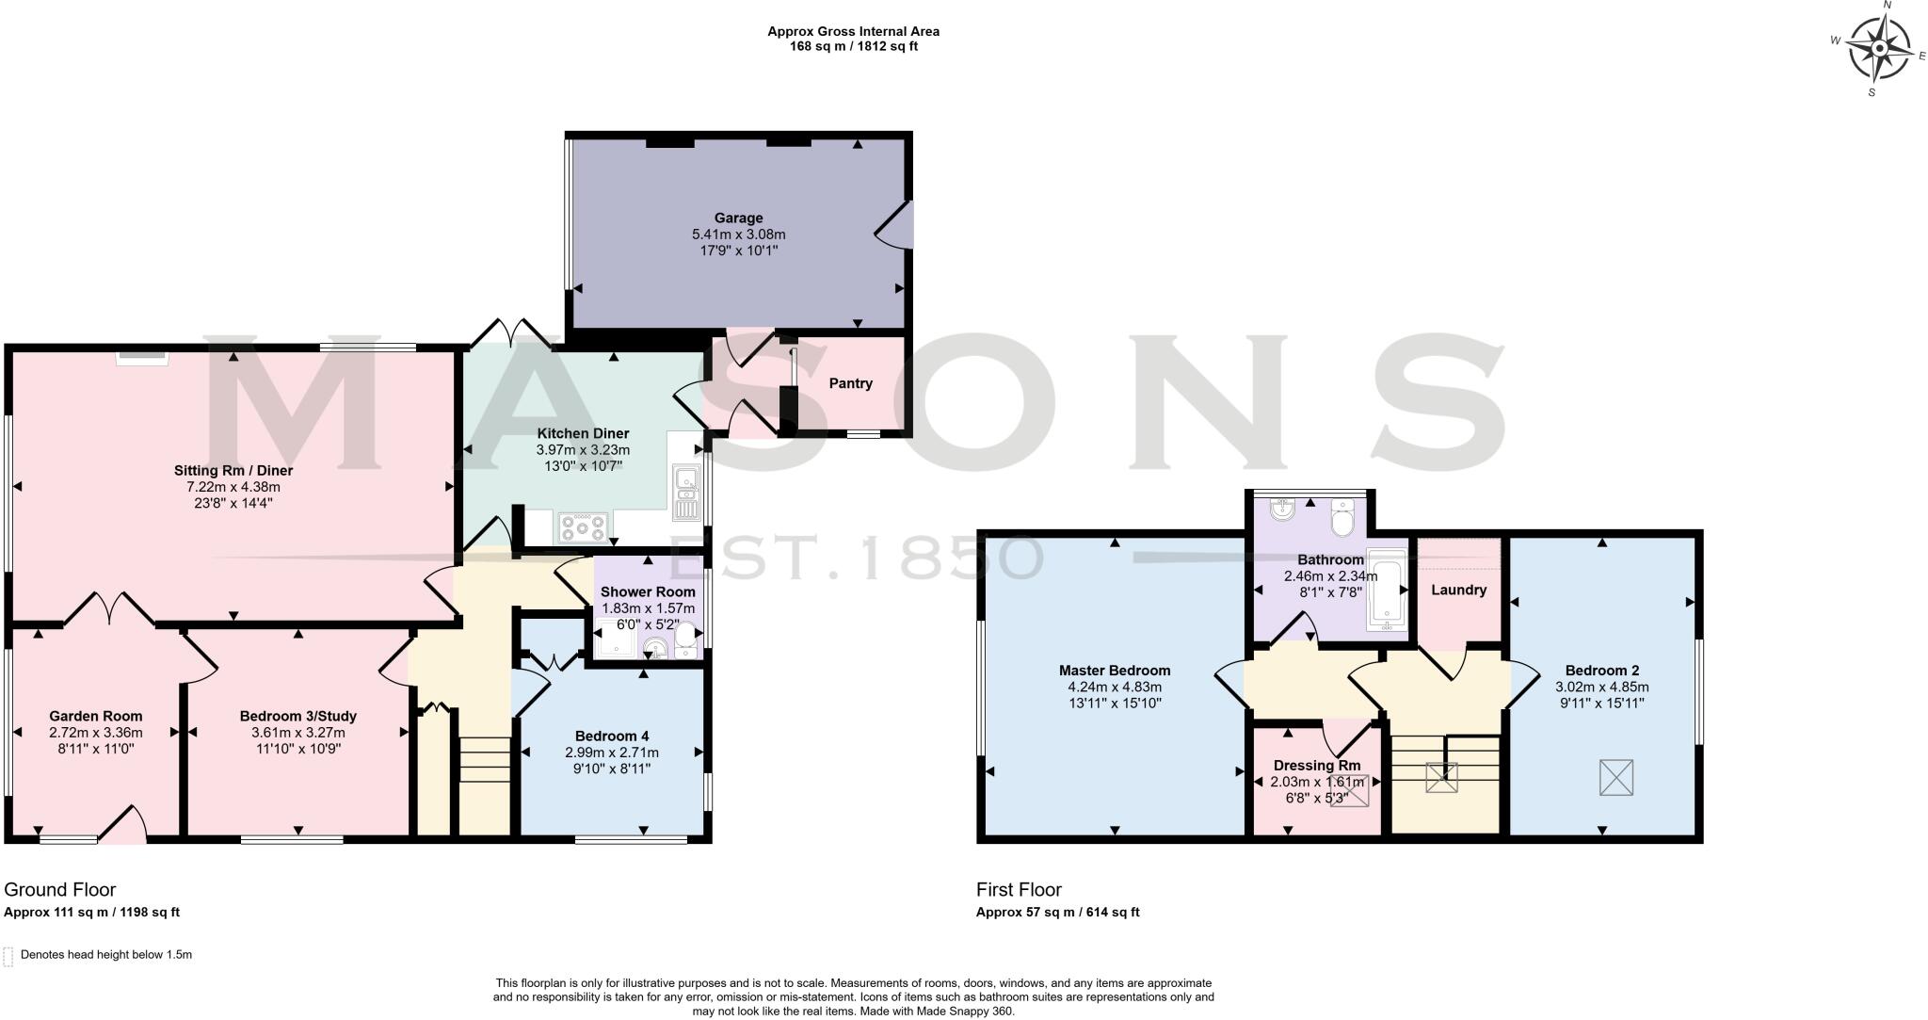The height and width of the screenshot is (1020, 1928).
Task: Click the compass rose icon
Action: click(1879, 48)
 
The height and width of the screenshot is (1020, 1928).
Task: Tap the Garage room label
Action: click(738, 218)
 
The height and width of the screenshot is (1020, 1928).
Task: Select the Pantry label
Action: click(850, 383)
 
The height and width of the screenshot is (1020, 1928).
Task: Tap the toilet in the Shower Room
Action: click(686, 640)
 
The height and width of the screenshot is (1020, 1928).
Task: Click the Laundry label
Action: click(1458, 590)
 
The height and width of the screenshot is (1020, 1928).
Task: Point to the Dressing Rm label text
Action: click(1316, 765)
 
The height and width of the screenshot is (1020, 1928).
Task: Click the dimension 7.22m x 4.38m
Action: click(233, 487)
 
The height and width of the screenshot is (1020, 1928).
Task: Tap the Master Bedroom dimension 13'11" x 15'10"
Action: click(1115, 703)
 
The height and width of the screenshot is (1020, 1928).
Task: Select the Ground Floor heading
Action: click(60, 889)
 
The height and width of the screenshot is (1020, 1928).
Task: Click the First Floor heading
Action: click(1019, 889)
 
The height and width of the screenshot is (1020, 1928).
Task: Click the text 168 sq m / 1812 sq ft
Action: click(853, 46)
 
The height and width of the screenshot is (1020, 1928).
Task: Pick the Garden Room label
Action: click(96, 716)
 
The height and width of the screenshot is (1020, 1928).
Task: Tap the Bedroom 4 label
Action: click(612, 736)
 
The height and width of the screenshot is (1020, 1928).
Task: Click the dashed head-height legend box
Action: click(8, 956)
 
